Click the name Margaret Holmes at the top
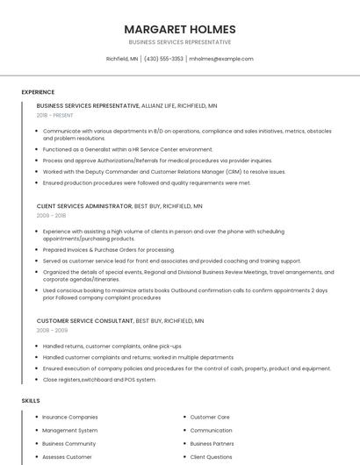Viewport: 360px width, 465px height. pos(180,29)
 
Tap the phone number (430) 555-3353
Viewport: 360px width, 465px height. pos(163,59)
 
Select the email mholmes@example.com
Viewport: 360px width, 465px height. pos(221,59)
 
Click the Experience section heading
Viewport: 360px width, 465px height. pos(38,92)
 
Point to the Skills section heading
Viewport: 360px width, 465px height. pos(31,400)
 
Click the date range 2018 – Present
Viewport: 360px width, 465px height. pos(54,115)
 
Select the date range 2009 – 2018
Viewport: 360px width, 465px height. pos(51,215)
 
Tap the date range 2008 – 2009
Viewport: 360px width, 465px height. pos(51,331)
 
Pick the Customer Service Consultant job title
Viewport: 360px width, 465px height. pos(85,321)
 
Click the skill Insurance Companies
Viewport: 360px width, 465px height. pos(70,417)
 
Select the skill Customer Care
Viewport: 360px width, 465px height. pos(210,417)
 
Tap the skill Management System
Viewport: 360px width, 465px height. pos(70,430)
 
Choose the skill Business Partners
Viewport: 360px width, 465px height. pos(212,443)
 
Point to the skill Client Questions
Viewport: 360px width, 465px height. pos(212,456)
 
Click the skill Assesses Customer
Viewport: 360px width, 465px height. pos(67,456)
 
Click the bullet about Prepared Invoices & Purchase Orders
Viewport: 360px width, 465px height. pos(97,249)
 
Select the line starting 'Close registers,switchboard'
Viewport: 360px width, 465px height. pos(99,379)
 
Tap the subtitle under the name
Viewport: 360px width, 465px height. pos(180,42)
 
